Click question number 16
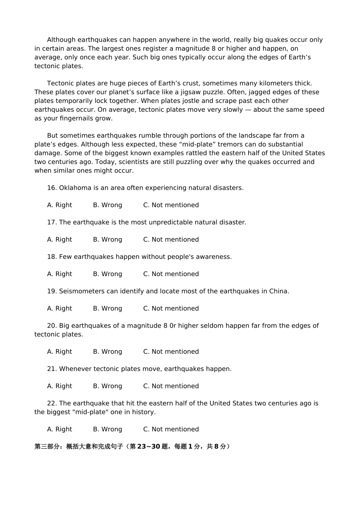click(x=52, y=188)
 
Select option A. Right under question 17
click(x=59, y=240)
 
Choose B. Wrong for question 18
click(x=108, y=274)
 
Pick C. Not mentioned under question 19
click(x=171, y=309)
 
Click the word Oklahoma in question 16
click(x=75, y=188)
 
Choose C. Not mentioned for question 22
click(x=171, y=429)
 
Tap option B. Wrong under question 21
click(x=108, y=386)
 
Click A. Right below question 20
click(x=59, y=352)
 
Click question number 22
click(x=52, y=404)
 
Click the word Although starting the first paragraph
click(x=61, y=40)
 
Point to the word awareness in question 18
click(x=214, y=257)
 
